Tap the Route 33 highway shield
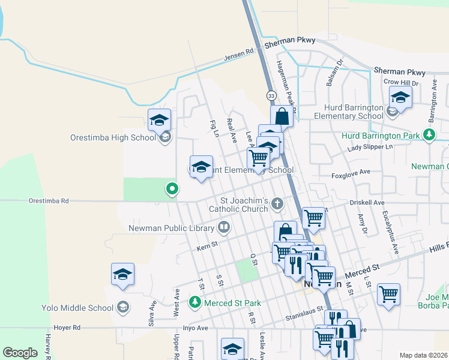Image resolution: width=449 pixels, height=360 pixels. click(x=271, y=96)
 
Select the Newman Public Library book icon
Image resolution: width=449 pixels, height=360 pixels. click(x=223, y=227)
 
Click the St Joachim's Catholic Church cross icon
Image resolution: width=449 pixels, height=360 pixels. click(x=277, y=203)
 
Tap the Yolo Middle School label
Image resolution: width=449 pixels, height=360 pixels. click(x=78, y=308)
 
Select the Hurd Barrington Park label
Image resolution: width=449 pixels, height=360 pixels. click(x=381, y=136)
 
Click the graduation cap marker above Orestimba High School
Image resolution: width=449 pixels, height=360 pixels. click(x=159, y=121)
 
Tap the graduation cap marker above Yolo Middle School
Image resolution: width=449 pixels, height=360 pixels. click(x=123, y=275)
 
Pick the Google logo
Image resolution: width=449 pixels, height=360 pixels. click(x=20, y=353)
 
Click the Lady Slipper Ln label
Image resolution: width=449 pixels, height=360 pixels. click(x=370, y=147)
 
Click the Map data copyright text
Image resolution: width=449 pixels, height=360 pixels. click(x=423, y=355)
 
